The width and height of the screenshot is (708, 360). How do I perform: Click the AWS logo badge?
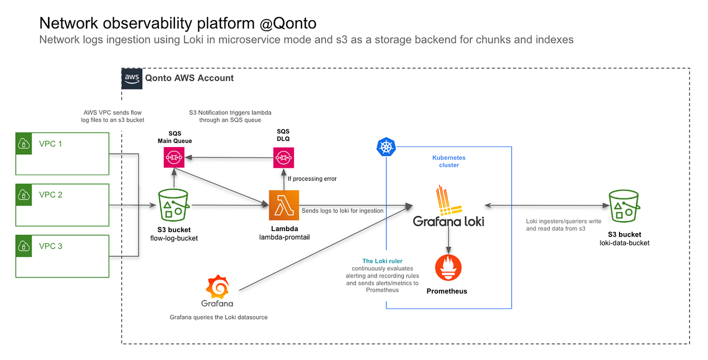click(132, 79)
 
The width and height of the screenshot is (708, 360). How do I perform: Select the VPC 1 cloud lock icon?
click(24, 144)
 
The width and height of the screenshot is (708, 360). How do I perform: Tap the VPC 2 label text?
click(51, 195)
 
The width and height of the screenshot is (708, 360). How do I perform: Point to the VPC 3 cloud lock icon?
click(24, 246)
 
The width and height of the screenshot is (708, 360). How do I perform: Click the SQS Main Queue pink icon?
click(174, 157)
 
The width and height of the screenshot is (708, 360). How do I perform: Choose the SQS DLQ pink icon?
click(284, 157)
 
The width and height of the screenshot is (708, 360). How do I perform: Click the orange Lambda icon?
click(284, 205)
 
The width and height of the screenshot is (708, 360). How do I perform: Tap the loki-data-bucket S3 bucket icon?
click(624, 206)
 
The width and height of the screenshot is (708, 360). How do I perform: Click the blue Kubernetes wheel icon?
click(386, 147)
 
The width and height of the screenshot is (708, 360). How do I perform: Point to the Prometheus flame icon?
click(448, 267)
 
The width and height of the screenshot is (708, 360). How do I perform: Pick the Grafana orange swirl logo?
click(217, 287)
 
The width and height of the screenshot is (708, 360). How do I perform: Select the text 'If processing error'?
click(312, 178)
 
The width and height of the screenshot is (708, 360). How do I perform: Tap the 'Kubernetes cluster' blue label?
click(449, 161)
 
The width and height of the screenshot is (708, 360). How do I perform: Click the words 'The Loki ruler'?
click(382, 261)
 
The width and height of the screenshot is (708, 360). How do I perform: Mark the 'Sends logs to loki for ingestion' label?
click(342, 211)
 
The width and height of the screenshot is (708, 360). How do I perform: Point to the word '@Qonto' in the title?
click(288, 23)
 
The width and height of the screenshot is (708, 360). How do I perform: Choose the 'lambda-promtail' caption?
click(284, 237)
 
